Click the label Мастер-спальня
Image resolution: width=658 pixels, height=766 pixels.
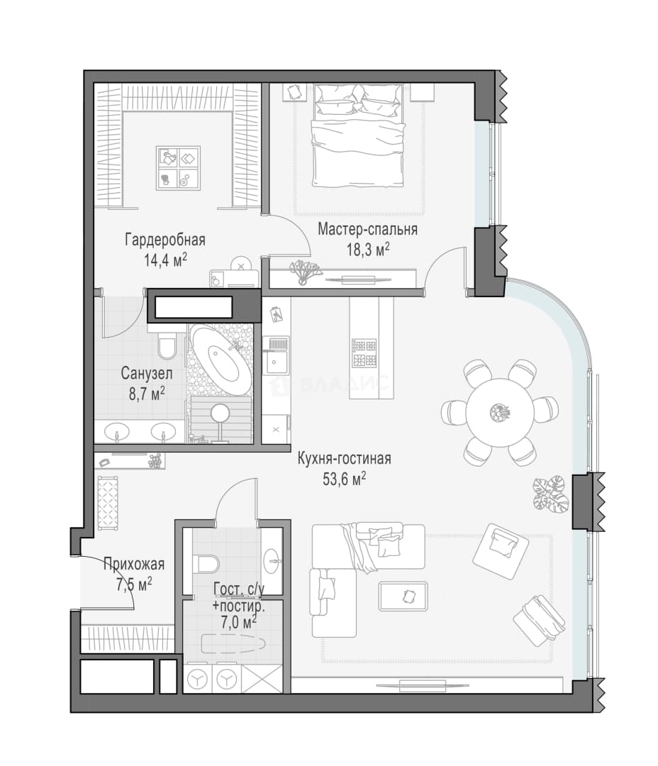(x=367, y=229)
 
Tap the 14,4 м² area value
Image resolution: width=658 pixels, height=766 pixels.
(x=165, y=260)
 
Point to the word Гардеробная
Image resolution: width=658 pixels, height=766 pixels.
(x=165, y=240)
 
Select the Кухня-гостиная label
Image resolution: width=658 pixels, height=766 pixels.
(x=345, y=459)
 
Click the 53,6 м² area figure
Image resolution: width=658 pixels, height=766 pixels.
(x=345, y=479)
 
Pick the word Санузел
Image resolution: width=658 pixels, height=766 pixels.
(x=147, y=374)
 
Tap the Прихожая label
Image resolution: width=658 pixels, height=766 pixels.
(x=134, y=565)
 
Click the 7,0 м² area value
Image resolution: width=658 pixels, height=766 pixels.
(x=240, y=623)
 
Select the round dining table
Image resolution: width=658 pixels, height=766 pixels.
(x=498, y=412)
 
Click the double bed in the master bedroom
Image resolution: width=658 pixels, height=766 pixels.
(x=359, y=135)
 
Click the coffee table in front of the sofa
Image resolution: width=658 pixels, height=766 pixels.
(x=403, y=596)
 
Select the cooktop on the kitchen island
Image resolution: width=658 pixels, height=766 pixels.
(x=364, y=353)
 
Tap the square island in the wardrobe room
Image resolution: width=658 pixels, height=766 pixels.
(x=178, y=168)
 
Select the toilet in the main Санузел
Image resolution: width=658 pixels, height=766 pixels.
(x=167, y=345)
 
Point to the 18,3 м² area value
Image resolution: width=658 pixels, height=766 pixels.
(x=368, y=249)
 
